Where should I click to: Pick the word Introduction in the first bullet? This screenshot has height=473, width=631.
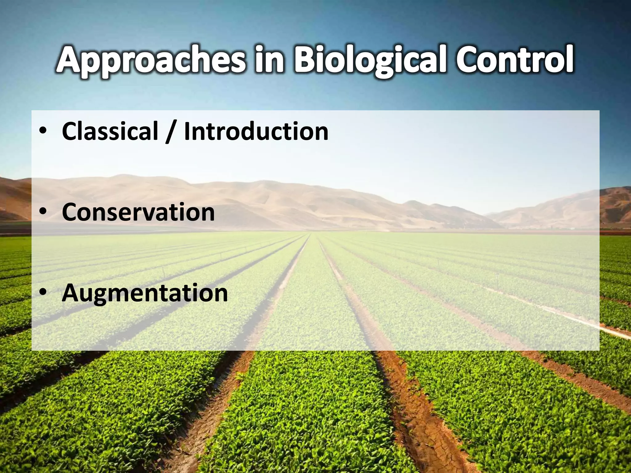click(x=256, y=131)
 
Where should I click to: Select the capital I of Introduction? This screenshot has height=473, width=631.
click(x=187, y=131)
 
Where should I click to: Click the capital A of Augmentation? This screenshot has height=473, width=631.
click(x=71, y=293)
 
